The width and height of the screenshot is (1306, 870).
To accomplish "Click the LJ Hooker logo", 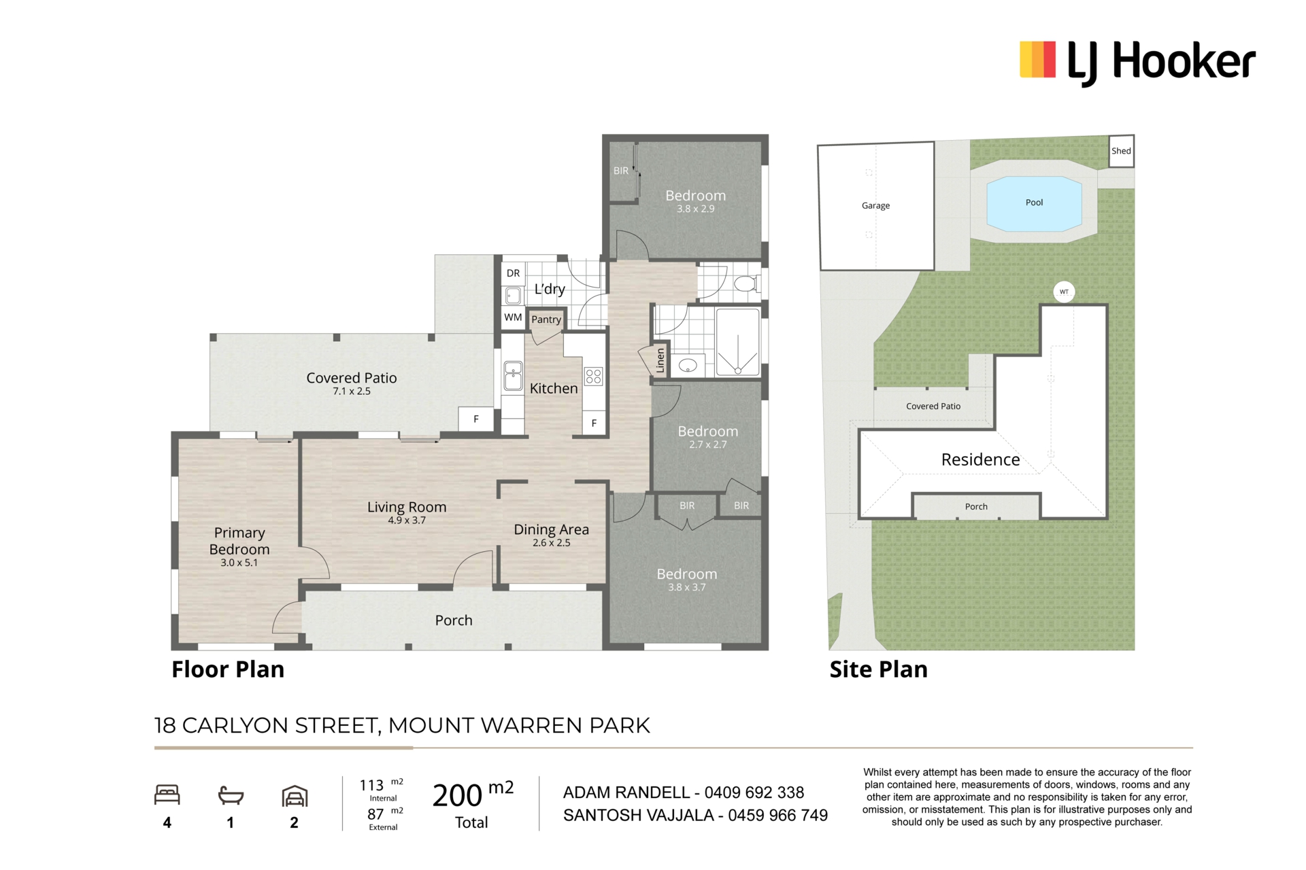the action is click(1137, 62).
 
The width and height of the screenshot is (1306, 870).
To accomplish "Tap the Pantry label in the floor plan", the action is click(546, 319).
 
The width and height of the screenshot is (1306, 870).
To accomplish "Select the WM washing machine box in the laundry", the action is click(513, 317).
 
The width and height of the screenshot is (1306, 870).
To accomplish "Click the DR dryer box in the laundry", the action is click(513, 273).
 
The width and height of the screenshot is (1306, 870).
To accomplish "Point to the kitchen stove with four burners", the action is click(593, 377).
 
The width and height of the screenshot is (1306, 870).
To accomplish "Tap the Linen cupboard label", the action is click(660, 361).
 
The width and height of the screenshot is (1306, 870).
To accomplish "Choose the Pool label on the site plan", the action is click(1034, 203).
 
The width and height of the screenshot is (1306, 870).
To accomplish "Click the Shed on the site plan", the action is click(1121, 151).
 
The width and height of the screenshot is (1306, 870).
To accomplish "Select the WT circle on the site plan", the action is click(1064, 292).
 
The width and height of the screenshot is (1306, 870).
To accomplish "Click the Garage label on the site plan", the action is click(875, 206).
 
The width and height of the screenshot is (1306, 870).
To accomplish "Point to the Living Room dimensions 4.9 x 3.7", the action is click(407, 521).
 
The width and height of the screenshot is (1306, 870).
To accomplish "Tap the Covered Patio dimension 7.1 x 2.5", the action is click(352, 391).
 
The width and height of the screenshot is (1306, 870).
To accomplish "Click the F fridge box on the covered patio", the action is click(476, 419).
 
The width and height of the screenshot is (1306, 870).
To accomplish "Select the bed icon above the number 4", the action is click(167, 795).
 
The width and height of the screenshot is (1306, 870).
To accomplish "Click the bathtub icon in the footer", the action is click(231, 795).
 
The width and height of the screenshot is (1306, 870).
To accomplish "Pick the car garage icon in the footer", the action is click(295, 796).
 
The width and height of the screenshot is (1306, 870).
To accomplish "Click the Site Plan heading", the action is click(878, 669).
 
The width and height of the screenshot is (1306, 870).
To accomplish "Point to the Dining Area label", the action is click(551, 529).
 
